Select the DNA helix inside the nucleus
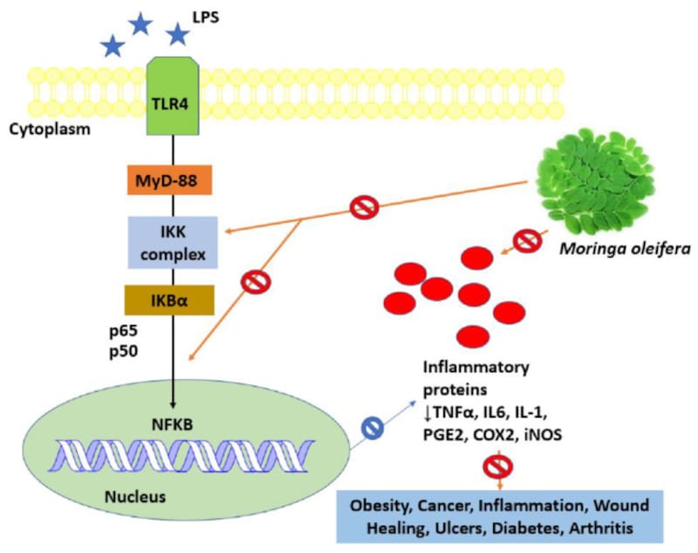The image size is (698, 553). [174, 457]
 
